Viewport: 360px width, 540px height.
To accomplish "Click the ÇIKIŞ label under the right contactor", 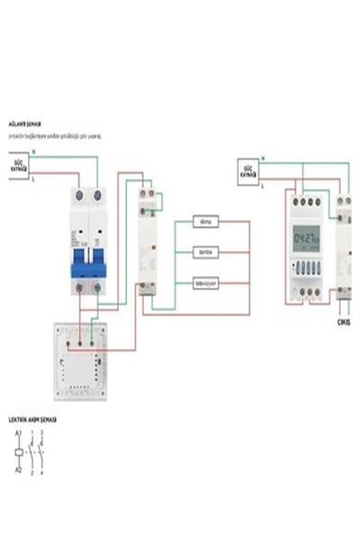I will point(343,321).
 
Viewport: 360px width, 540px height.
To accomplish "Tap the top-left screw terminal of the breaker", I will point(78,195).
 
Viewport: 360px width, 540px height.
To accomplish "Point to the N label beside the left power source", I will point(35,153).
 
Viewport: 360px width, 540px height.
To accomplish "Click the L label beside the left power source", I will point(35,179).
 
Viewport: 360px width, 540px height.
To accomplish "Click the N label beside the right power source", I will point(263,158).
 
